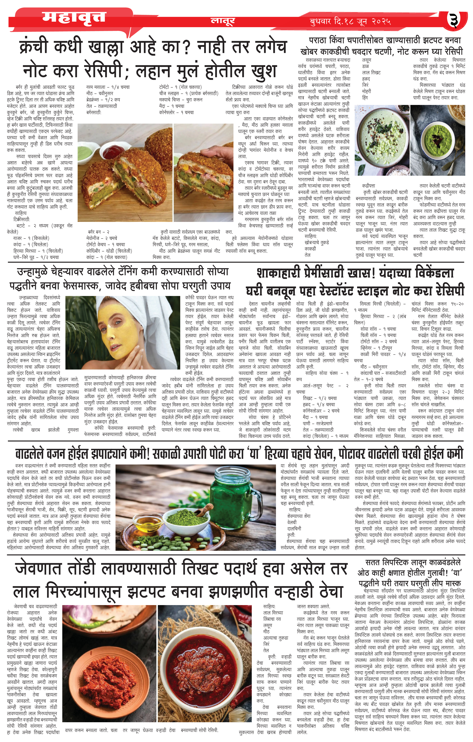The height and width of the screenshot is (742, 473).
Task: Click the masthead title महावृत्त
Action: click(x=74, y=18)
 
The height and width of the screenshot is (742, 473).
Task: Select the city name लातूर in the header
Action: click(x=223, y=21)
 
